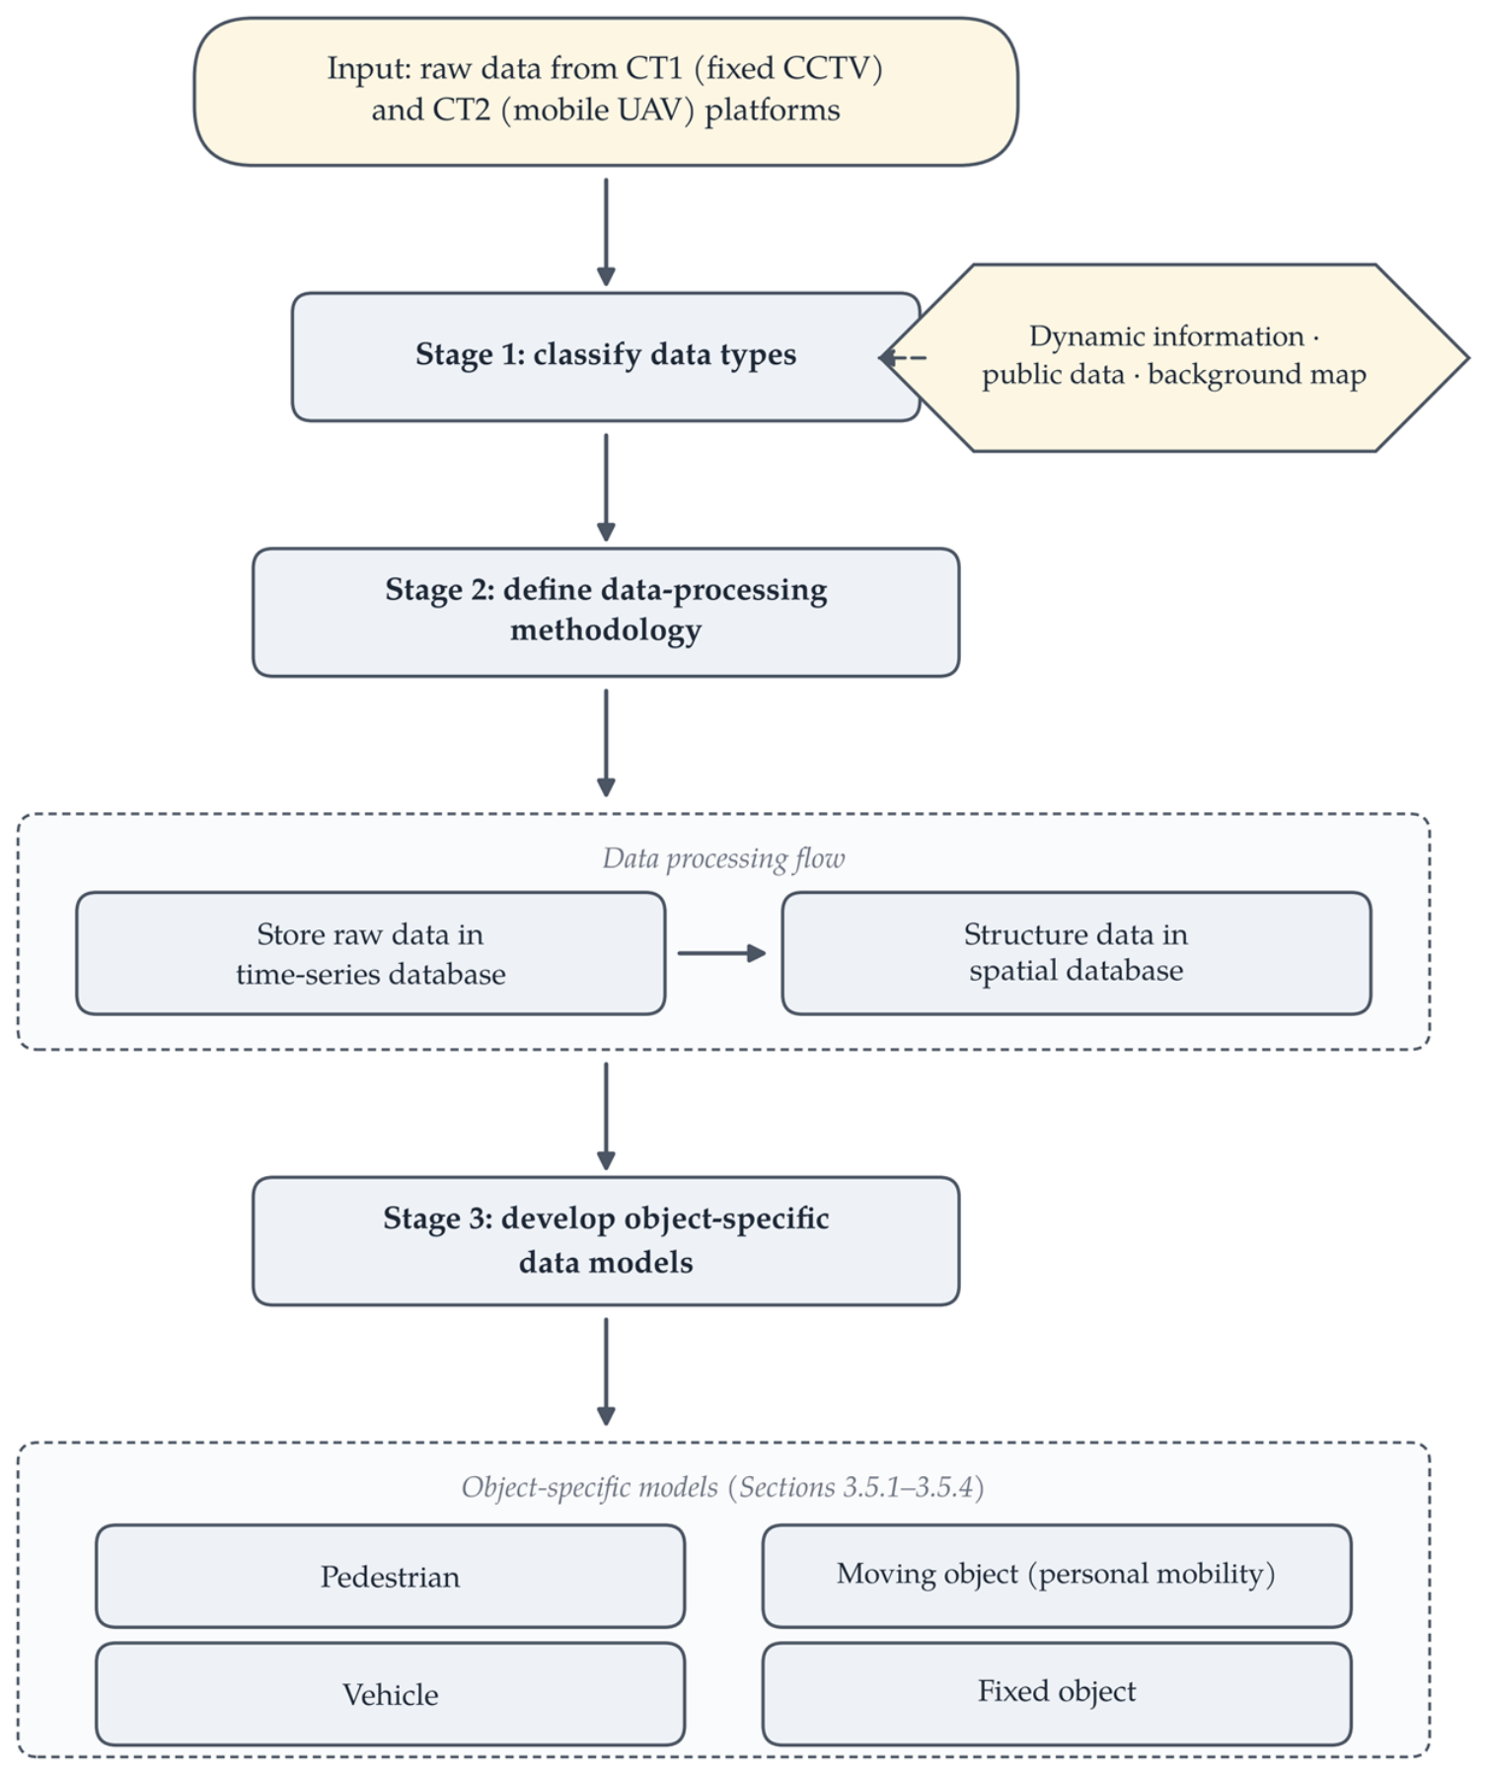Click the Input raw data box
606,91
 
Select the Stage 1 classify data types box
606,356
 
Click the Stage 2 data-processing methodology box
606,612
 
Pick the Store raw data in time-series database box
371,953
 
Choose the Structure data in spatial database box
1077,953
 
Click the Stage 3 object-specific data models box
606,1240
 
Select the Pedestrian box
391,1576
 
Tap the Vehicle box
391,1693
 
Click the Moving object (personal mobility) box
1057,1576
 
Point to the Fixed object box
1057,1693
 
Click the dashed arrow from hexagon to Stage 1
903,357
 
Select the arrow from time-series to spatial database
722,953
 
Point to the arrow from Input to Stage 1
606,232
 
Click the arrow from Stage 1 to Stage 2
606,487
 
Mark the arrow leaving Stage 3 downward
606,1371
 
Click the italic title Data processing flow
724,858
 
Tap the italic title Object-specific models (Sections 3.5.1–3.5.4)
723,1487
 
